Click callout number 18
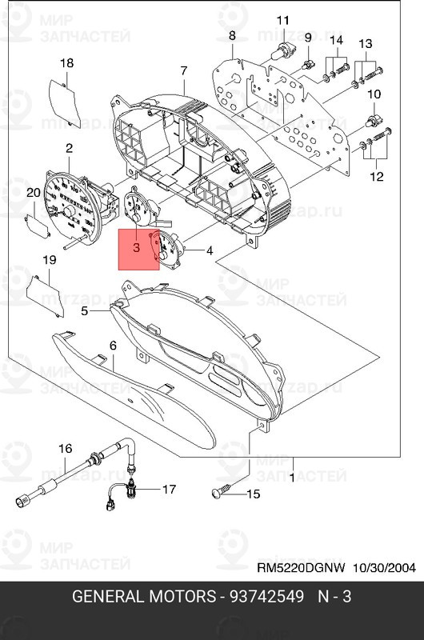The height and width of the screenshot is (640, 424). coord(67,63)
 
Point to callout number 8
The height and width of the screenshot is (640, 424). coord(232,36)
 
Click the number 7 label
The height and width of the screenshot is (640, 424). coord(184,71)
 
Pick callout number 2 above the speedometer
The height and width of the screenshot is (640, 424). coord(69,148)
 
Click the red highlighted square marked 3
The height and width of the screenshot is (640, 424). coord(138,249)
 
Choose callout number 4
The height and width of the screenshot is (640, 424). coord(210,251)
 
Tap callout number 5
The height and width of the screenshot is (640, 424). coord(84,312)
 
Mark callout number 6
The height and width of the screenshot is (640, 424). coord(113,345)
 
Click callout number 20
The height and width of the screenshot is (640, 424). coord(34,193)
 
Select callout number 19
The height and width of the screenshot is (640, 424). coord(49,260)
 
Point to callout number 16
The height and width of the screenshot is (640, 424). coord(66,448)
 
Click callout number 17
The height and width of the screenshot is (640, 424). coord(169,488)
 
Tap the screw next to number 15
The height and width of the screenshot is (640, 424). coord(220,493)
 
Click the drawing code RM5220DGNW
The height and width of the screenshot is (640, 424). coord(300,569)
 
